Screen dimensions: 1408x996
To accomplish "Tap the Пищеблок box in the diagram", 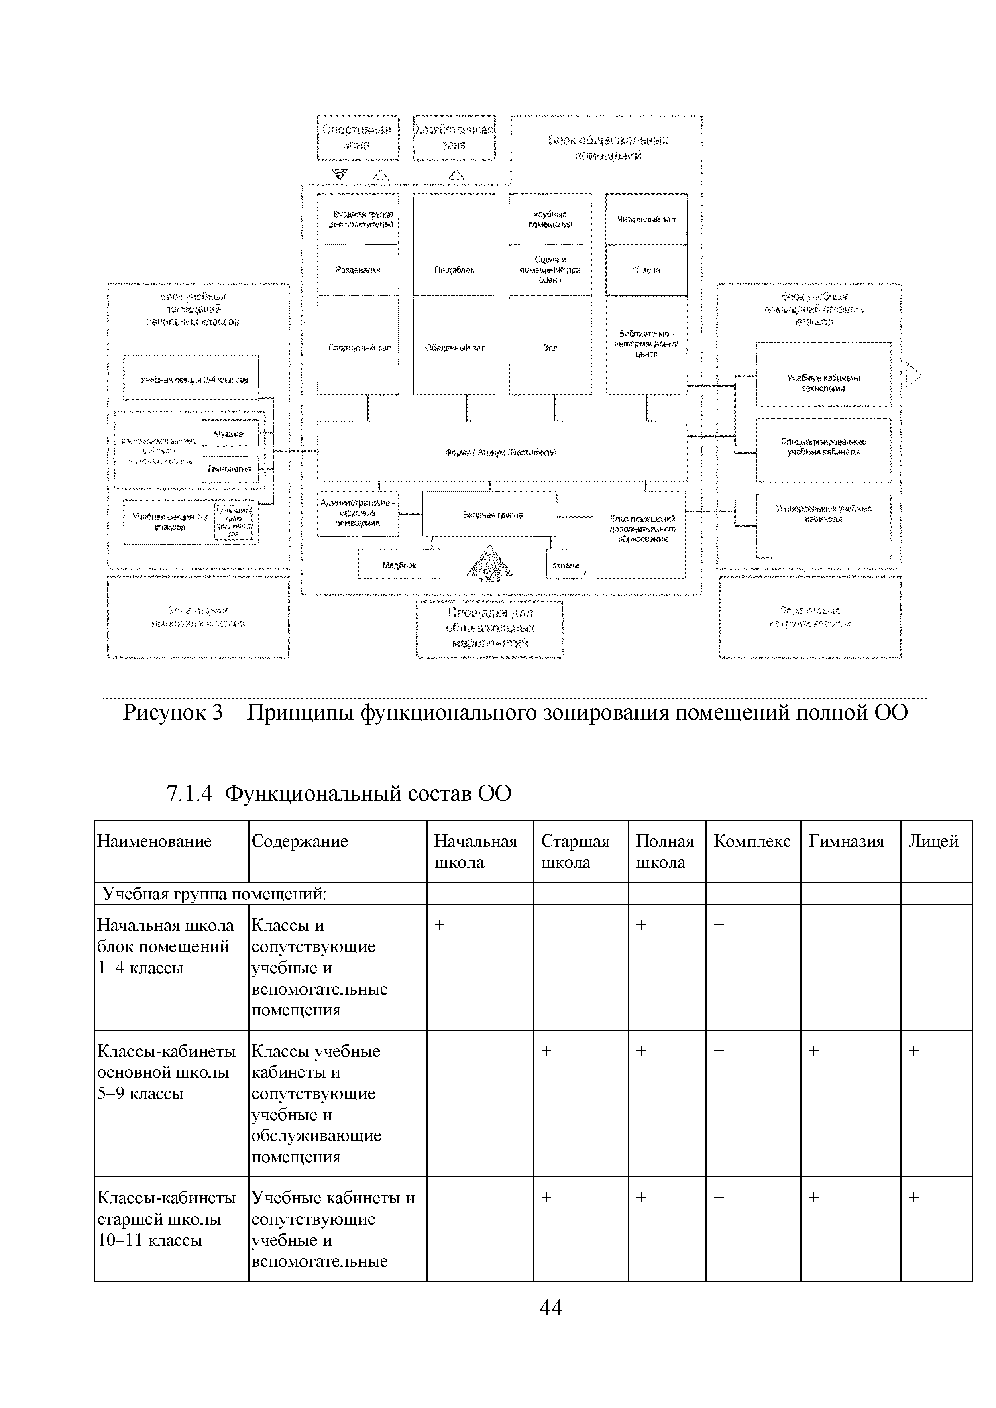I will coord(454,270).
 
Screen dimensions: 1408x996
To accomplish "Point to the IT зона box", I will coord(646,270).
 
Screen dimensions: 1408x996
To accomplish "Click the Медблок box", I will coord(399,565).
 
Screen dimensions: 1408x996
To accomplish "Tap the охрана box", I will coord(565,565).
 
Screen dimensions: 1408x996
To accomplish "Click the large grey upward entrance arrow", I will coord(489,562).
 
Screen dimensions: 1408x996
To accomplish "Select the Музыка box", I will coord(229,433).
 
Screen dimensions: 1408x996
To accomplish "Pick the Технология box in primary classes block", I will coord(229,468).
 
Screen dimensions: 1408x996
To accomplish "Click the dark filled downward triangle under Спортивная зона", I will coord(339,174).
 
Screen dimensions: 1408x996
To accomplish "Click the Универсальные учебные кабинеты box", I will coord(823,525).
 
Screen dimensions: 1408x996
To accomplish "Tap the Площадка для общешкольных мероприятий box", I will coord(489,629).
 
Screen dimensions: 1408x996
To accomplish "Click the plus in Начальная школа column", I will coord(439,925).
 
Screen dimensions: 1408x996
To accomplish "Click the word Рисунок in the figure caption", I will coord(164,712).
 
